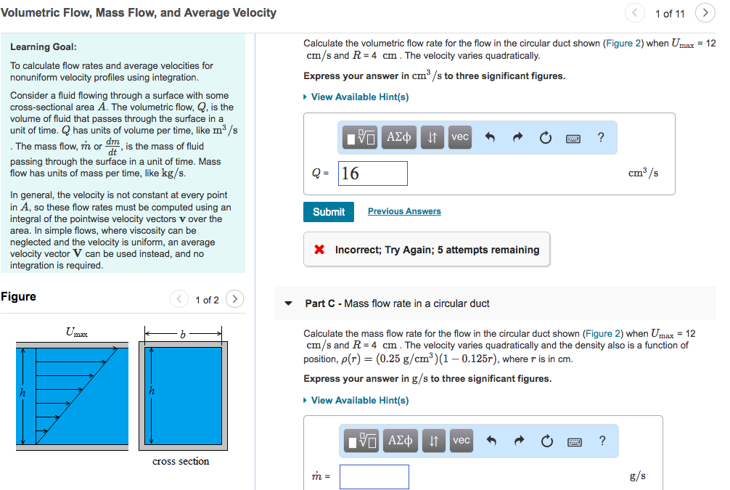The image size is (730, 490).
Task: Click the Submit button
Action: [x=329, y=212]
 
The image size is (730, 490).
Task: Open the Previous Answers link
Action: [x=404, y=211]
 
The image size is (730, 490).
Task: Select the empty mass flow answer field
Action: [x=374, y=476]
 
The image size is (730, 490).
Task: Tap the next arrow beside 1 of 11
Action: [x=705, y=13]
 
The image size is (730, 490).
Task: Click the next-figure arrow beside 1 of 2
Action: [x=234, y=299]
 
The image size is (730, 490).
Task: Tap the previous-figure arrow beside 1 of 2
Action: [x=179, y=299]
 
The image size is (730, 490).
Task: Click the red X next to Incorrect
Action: [x=319, y=250]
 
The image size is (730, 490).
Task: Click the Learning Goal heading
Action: [x=44, y=47]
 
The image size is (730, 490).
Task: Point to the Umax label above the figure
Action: [x=76, y=332]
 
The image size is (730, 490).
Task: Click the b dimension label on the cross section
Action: [x=183, y=333]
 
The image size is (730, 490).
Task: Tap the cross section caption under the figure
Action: [x=181, y=461]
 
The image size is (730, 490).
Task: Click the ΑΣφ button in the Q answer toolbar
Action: [x=399, y=136]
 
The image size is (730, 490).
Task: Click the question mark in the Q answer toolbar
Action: [x=601, y=136]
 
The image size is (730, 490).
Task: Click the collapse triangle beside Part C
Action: [x=289, y=303]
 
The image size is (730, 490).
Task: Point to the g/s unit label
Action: [x=638, y=476]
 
